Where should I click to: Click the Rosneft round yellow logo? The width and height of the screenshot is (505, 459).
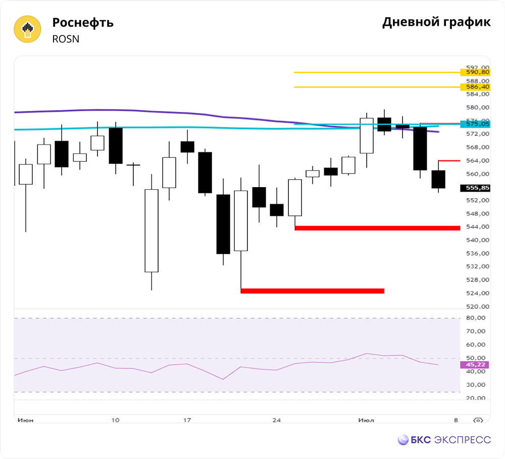[27, 29]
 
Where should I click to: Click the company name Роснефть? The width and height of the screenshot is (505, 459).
[83, 23]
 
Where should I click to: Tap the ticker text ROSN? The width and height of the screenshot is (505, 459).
[66, 39]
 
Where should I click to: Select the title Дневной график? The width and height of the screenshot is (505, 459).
[436, 22]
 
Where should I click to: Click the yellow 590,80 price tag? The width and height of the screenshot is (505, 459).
[475, 72]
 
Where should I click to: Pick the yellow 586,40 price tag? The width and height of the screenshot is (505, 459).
[475, 87]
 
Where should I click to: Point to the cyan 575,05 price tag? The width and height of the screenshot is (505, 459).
[475, 124]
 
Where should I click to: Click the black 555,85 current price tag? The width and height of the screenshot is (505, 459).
[475, 188]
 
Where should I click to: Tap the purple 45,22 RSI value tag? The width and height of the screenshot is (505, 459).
[475, 365]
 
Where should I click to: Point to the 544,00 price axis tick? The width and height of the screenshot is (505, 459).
[478, 227]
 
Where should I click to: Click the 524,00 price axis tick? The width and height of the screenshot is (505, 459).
[478, 293]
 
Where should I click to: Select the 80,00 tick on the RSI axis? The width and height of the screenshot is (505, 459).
[476, 318]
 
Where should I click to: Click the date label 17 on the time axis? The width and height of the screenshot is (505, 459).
[187, 420]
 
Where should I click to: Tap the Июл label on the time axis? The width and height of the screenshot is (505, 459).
[366, 420]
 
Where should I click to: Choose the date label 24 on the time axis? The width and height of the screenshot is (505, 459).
[276, 420]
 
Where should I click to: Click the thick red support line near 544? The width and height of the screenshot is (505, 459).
[377, 228]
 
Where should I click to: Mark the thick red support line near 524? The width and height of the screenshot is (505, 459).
[313, 291]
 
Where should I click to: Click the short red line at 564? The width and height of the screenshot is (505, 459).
[449, 160]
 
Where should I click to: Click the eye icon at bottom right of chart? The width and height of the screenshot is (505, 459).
[478, 420]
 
